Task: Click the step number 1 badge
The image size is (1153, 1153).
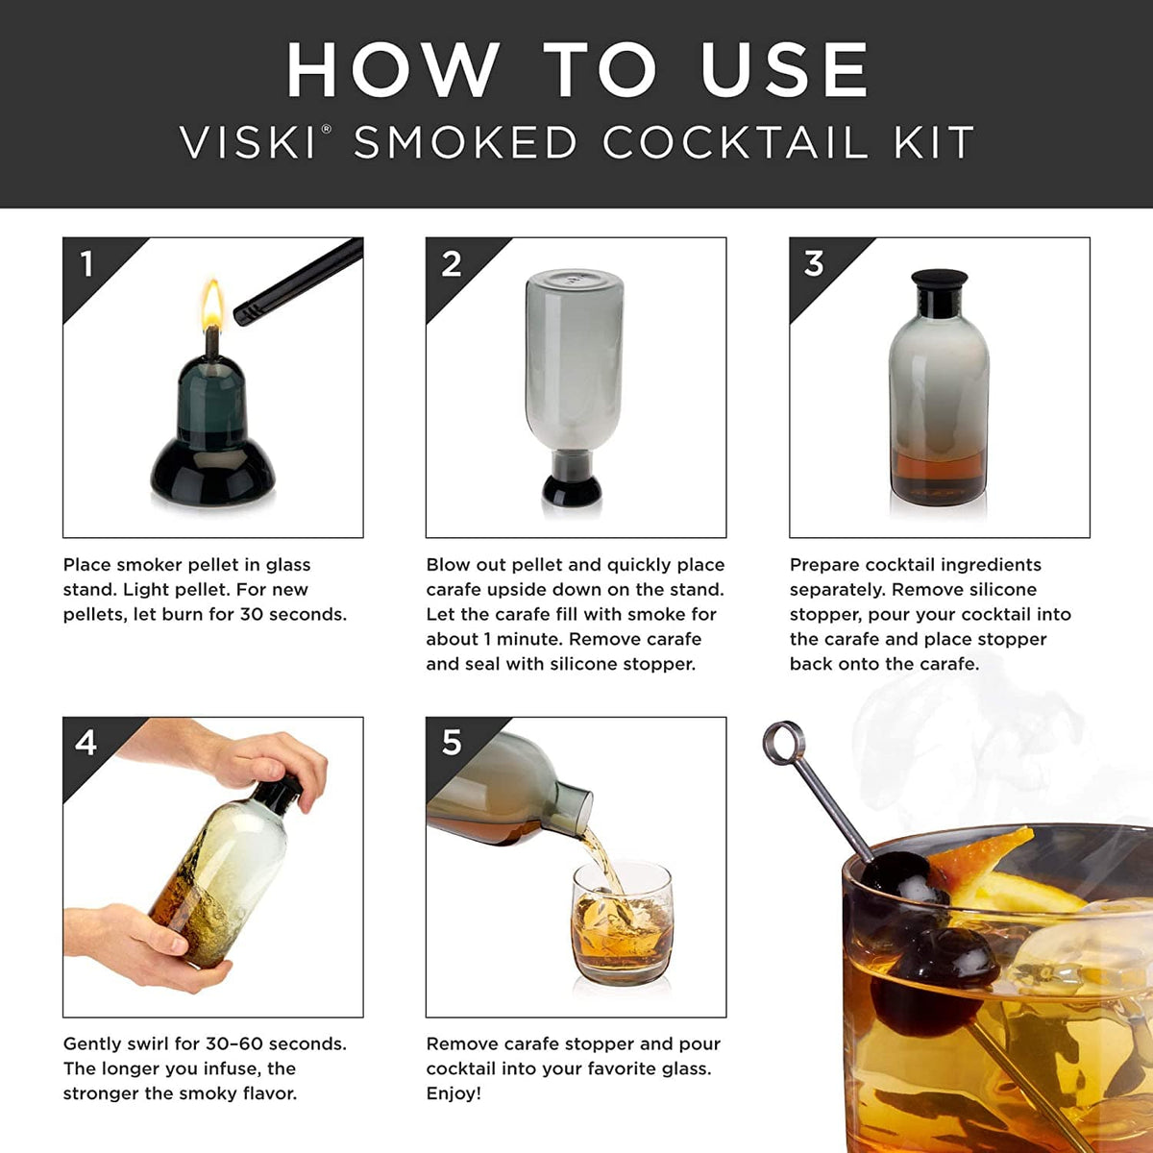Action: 87,264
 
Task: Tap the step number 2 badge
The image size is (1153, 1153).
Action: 451,264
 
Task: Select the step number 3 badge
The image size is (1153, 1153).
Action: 814,264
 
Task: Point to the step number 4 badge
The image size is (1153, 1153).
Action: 86,743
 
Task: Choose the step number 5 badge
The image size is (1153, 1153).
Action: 451,743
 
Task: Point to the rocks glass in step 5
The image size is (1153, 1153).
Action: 622,922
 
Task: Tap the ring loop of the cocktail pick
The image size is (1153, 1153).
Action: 784,743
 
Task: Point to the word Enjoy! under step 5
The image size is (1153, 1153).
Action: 454,1093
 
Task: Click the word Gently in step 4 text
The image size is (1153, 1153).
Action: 93,1044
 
